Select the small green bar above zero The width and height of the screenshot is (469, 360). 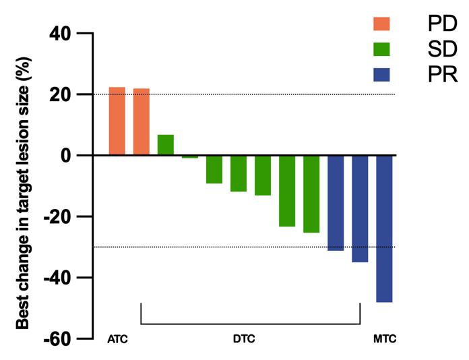(x=166, y=145)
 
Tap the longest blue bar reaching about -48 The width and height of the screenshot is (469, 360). (x=384, y=229)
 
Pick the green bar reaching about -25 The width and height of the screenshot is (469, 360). (x=311, y=193)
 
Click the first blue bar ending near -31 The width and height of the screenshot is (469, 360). (x=336, y=203)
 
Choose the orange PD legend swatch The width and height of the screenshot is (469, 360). (x=381, y=24)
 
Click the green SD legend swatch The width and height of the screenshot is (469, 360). (x=381, y=49)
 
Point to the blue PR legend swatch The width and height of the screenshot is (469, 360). (x=381, y=74)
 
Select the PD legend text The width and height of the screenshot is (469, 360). (x=441, y=24)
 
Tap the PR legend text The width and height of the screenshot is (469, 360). (x=441, y=74)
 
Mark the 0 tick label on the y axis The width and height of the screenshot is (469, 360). (x=66, y=155)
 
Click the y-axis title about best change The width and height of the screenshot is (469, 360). (x=23, y=183)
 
